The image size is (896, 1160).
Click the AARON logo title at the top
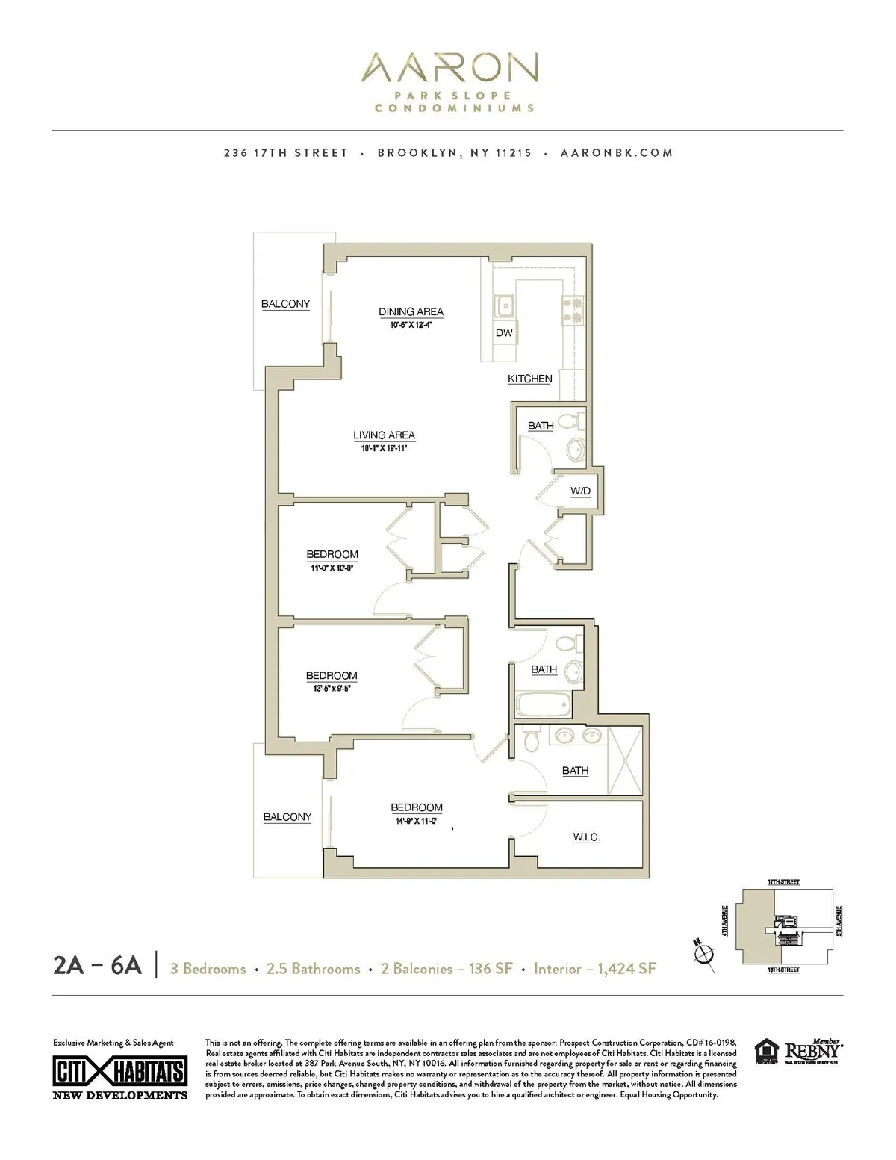click(448, 69)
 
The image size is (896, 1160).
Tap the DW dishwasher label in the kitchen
click(504, 332)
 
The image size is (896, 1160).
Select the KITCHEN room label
click(529, 379)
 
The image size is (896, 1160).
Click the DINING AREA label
click(411, 311)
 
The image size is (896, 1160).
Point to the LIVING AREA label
click(384, 435)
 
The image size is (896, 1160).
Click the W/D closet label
click(580, 491)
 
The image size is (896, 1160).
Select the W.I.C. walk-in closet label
click(586, 837)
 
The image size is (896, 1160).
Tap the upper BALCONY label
click(285, 304)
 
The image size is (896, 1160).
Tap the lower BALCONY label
click(287, 817)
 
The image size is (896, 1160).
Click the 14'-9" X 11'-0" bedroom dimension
click(416, 821)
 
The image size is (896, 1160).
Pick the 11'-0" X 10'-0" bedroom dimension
click(332, 568)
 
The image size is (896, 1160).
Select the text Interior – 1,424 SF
click(594, 969)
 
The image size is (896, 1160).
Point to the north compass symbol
click(702, 954)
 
